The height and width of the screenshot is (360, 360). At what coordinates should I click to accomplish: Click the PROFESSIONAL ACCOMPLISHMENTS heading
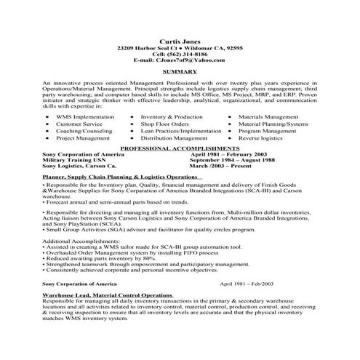pos(180,147)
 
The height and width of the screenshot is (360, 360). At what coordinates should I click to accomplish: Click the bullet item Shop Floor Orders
pos(166,124)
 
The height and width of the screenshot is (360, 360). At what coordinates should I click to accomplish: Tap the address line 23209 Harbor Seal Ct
pos(148,47)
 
